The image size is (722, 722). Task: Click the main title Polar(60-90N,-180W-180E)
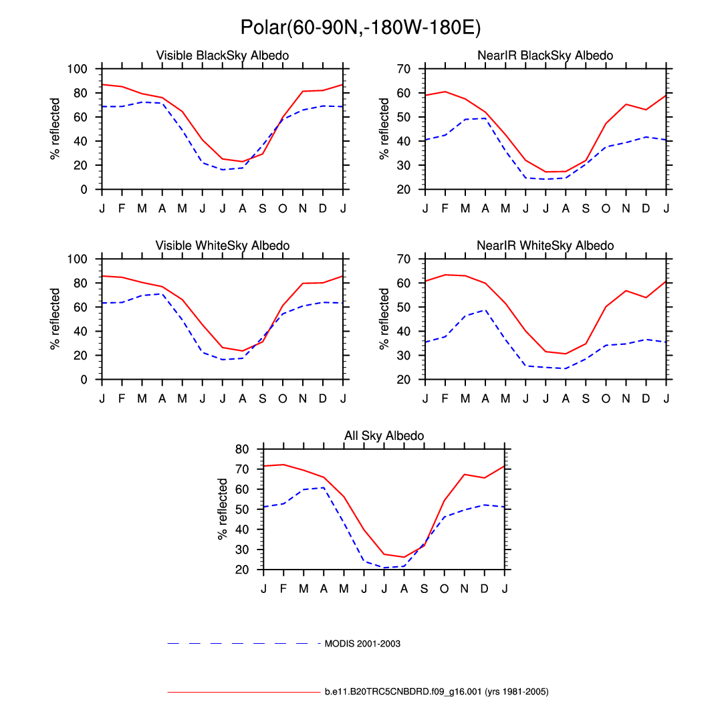click(360, 27)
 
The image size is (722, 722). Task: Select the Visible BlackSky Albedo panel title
click(223, 55)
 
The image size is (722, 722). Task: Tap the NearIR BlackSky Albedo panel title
click(546, 55)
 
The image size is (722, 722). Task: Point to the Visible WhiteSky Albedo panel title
click(223, 246)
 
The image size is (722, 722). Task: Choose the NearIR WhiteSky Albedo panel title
click(546, 246)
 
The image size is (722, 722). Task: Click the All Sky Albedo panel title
click(384, 436)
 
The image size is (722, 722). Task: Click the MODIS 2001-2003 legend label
click(362, 644)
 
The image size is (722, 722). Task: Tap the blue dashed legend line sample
click(244, 644)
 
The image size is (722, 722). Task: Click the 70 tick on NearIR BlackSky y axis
click(403, 69)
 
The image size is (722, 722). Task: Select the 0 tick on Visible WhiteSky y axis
click(84, 380)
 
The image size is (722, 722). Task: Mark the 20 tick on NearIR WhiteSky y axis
click(403, 380)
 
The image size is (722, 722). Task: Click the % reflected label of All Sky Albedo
click(223, 509)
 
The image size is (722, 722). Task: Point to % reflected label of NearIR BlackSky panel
click(384, 129)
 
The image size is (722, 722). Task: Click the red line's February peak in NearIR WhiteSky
click(445, 275)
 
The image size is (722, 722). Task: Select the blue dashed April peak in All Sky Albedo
click(324, 487)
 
